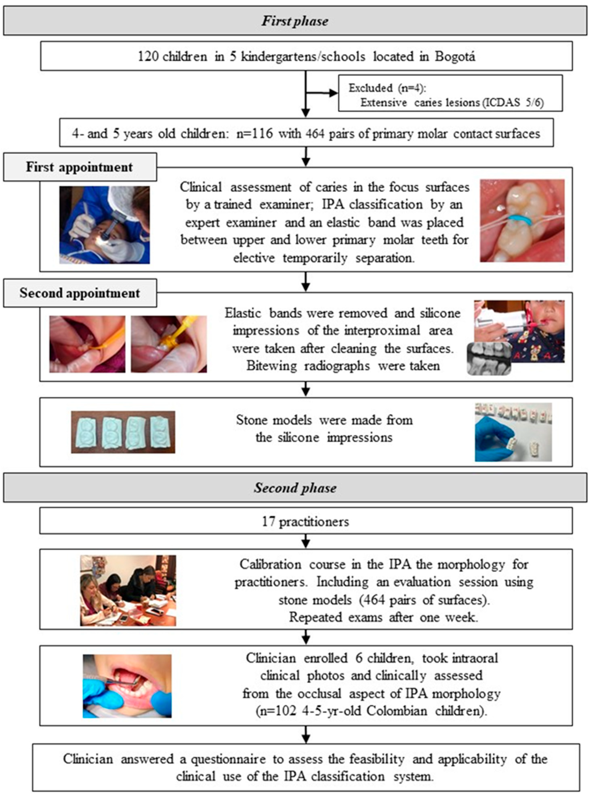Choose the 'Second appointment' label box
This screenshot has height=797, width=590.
pyautogui.click(x=80, y=293)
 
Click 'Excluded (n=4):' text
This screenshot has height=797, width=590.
pyautogui.click(x=387, y=88)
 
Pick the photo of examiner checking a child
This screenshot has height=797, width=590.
pyautogui.click(x=104, y=225)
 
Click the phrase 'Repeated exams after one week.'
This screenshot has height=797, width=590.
pyautogui.click(x=383, y=617)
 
